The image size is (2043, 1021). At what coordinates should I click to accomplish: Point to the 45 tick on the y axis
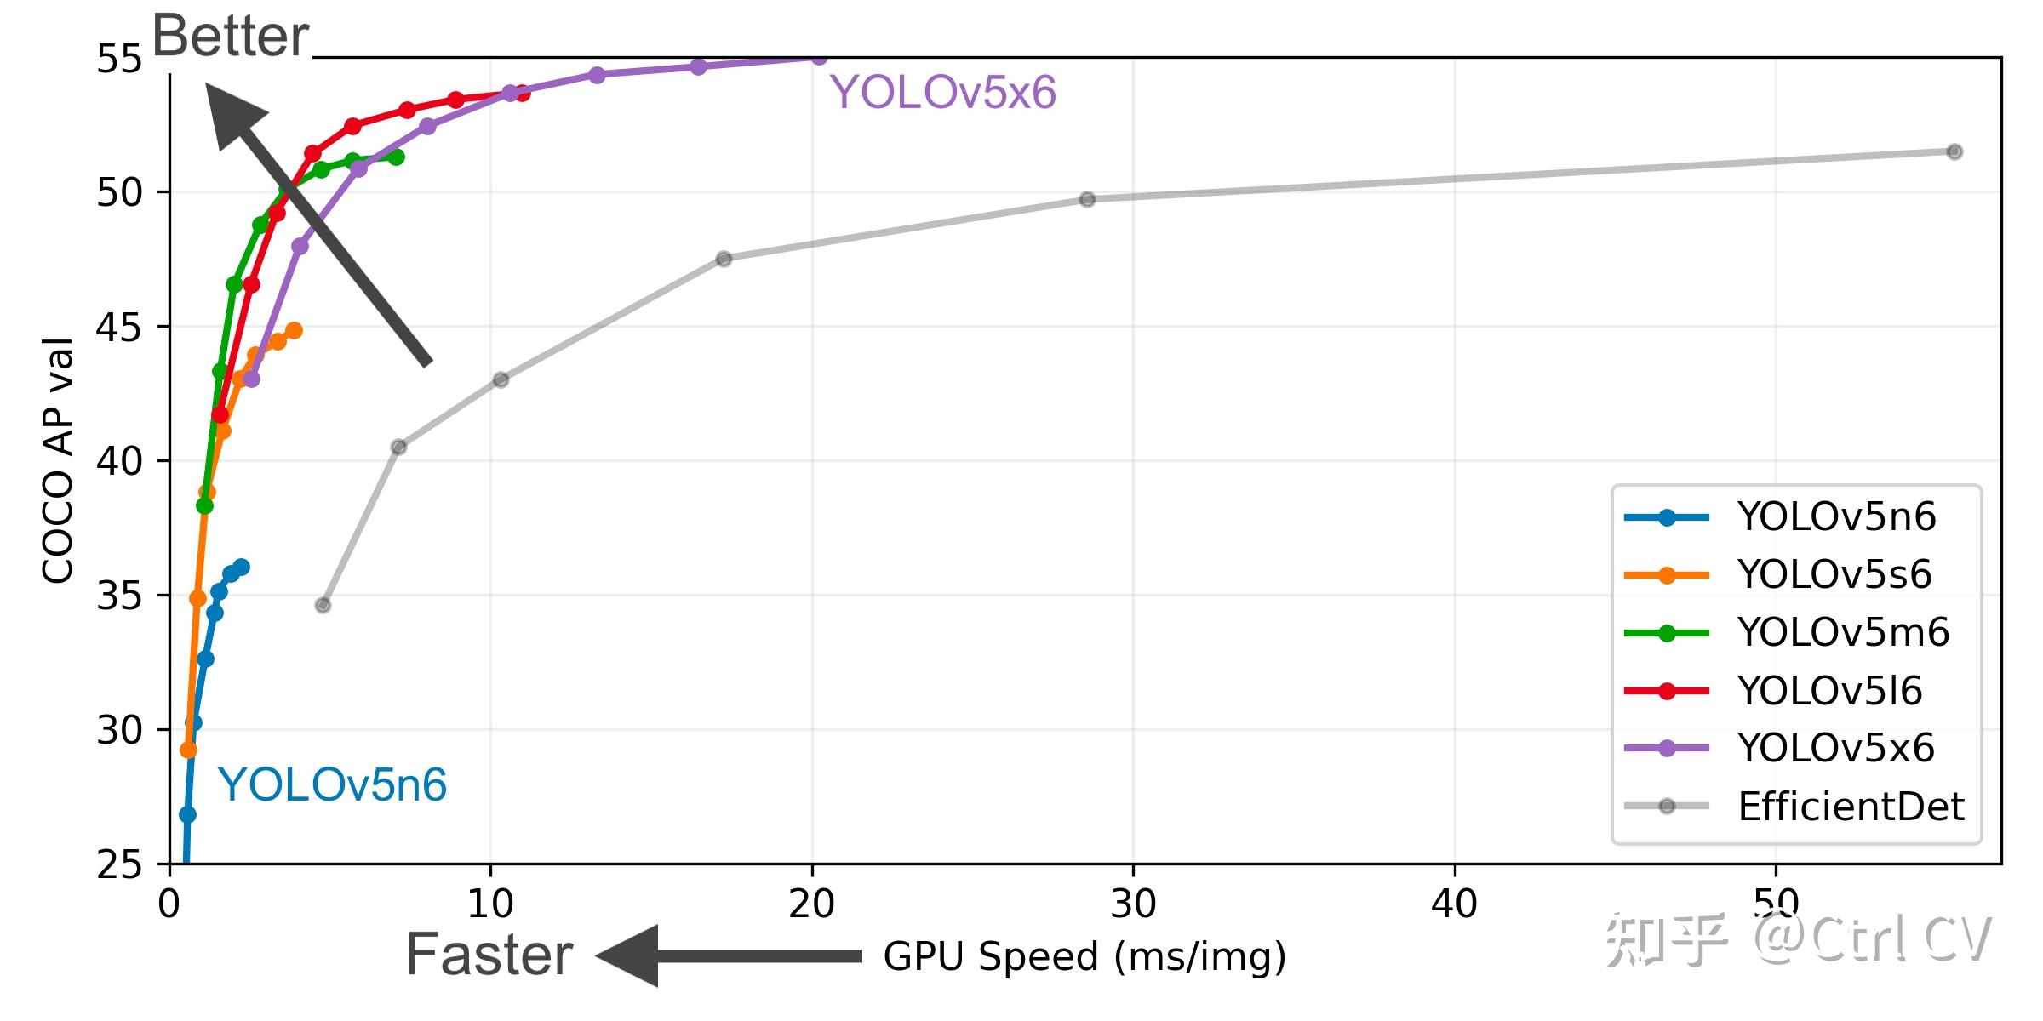coord(118,327)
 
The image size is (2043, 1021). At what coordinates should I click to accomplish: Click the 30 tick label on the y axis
coord(118,730)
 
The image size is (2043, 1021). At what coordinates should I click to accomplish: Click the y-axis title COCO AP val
coord(57,460)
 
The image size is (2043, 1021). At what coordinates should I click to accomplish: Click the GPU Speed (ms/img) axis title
coord(1084,956)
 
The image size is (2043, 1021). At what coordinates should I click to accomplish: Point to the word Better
coord(230,37)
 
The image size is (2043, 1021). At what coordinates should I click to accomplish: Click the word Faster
coord(489,955)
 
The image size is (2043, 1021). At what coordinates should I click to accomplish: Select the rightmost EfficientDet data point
coord(1954,151)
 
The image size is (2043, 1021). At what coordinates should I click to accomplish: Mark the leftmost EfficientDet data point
coord(323,605)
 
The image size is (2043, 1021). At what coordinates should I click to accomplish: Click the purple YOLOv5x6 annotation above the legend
coord(942,92)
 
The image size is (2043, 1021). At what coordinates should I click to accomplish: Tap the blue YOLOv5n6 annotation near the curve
coord(332,784)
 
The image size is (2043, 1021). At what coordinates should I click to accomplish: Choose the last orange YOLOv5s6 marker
coord(294,330)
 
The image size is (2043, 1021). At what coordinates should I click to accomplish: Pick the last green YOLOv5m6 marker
coord(396,157)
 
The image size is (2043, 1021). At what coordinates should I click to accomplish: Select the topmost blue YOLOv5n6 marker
coord(241,567)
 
